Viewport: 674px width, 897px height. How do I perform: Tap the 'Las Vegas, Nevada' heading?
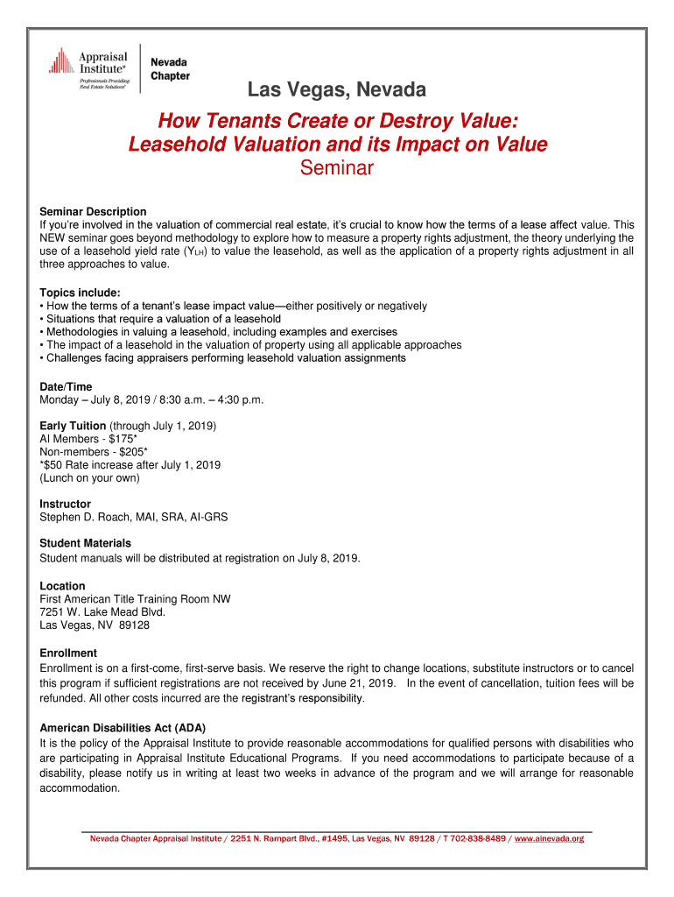[x=337, y=90]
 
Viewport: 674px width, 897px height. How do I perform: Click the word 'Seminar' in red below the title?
[x=337, y=167]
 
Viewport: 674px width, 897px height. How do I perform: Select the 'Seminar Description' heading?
[x=93, y=212]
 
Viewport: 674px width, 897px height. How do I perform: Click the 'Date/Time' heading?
[x=66, y=386]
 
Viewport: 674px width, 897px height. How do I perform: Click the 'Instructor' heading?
[x=65, y=504]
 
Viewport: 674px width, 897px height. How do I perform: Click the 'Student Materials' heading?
[x=85, y=543]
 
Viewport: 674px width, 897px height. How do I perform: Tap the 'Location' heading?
[x=62, y=586]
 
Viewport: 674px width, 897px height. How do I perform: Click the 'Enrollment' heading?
[x=68, y=653]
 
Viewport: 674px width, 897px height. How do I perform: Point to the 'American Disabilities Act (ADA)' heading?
[x=123, y=728]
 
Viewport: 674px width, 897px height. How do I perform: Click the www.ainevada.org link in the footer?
[x=549, y=838]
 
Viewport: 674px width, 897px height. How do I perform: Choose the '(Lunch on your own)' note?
[x=89, y=478]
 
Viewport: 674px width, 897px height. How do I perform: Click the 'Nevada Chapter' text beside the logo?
[x=171, y=69]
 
